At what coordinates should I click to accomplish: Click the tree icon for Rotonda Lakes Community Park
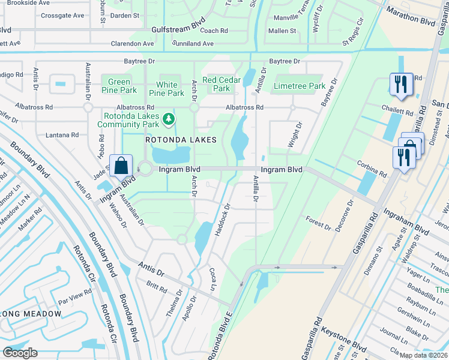169,119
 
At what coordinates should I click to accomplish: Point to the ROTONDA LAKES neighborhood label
179,140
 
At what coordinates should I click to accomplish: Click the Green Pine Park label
119,86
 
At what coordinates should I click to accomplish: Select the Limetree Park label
300,86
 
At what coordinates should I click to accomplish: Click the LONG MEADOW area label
31,314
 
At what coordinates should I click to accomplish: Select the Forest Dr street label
318,223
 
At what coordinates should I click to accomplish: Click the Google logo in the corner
20,353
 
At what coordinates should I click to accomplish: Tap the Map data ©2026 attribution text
424,355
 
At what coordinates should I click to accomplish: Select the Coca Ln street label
212,280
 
